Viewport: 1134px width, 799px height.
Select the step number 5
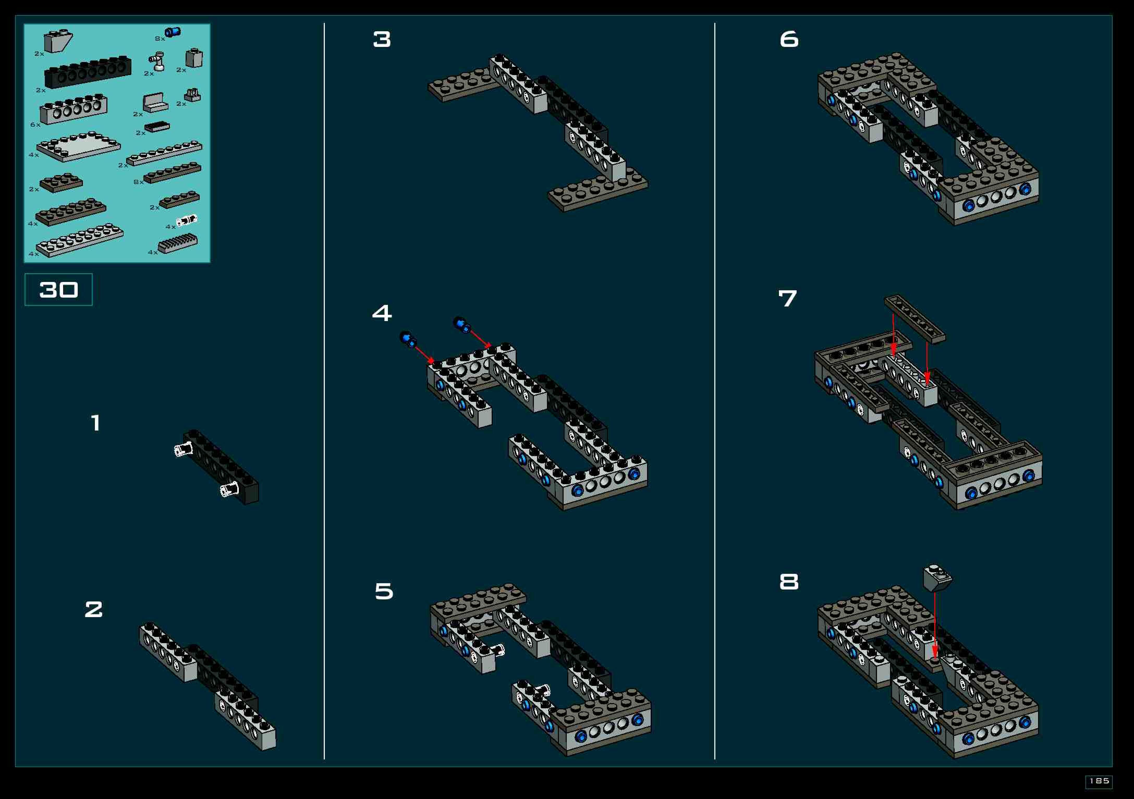click(384, 591)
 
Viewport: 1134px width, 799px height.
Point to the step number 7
click(787, 298)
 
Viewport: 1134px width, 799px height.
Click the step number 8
click(789, 582)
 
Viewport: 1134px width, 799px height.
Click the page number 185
click(1099, 781)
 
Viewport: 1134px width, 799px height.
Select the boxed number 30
click(59, 290)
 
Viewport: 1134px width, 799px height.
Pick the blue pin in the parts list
click(172, 32)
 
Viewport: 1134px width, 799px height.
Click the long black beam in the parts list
click(88, 72)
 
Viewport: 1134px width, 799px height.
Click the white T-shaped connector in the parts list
click(157, 61)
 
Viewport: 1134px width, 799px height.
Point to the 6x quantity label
click(35, 125)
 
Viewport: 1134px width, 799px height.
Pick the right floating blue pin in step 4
click(462, 324)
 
